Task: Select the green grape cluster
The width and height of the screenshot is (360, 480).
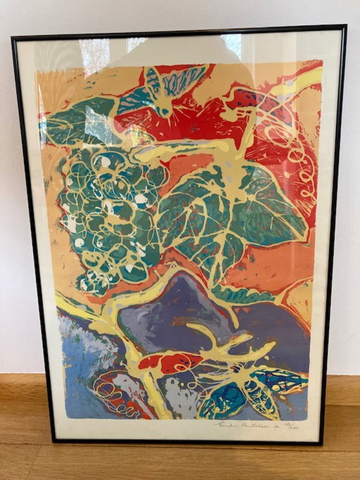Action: pyautogui.click(x=109, y=218)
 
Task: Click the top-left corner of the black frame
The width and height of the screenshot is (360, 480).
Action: pyautogui.click(x=14, y=39)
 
